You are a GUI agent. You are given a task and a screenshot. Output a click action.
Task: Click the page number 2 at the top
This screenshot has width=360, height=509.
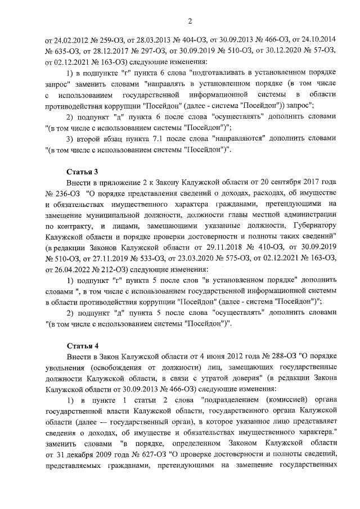tap(190, 21)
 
